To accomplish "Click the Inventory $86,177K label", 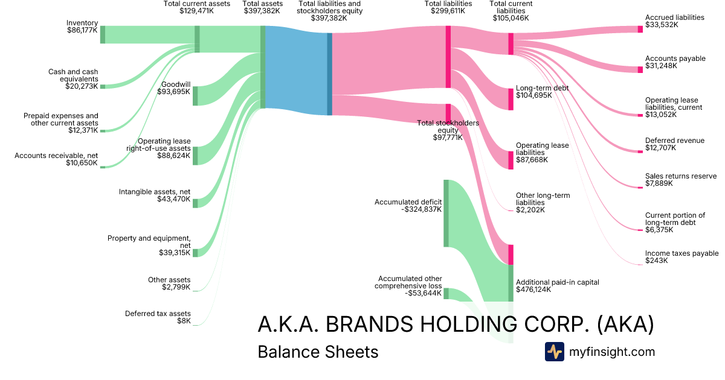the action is click(x=82, y=27).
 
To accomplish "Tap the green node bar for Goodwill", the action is click(x=195, y=96).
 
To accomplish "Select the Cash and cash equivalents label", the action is click(x=73, y=79).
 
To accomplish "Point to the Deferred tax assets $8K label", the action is click(x=158, y=317).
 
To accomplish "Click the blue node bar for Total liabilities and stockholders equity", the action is click(x=329, y=74).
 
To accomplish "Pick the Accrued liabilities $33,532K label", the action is click(x=674, y=22).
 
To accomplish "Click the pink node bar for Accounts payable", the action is click(x=640, y=69).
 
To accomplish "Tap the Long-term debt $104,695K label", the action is click(x=542, y=92).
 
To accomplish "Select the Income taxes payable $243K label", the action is click(x=681, y=257).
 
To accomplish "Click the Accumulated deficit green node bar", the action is click(x=446, y=213).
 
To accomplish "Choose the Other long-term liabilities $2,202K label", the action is click(x=543, y=203).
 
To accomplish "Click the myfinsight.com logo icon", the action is click(x=554, y=352).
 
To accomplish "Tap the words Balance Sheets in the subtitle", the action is click(x=318, y=352).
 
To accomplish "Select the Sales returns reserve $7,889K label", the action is click(x=680, y=180).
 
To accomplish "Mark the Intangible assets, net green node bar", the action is click(x=195, y=203).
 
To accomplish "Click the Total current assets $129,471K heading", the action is click(x=197, y=7).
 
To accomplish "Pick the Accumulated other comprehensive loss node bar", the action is click(x=446, y=293).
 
